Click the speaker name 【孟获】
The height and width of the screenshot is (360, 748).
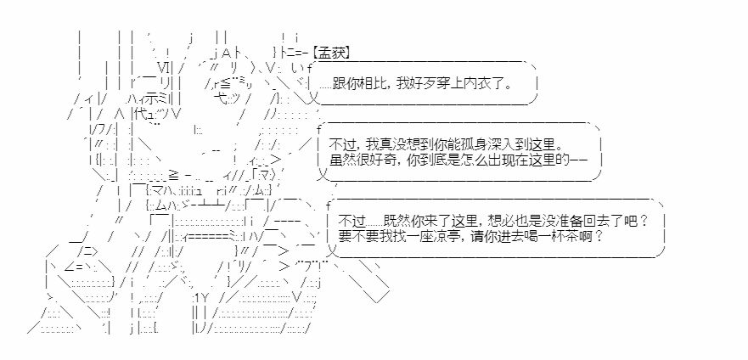pyautogui.click(x=331, y=53)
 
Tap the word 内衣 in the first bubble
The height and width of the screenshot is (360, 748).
pyautogui.click(x=480, y=85)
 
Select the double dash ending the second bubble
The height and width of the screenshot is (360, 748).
pyautogui.click(x=579, y=160)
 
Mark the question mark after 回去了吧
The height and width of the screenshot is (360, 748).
pyautogui.click(x=644, y=222)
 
